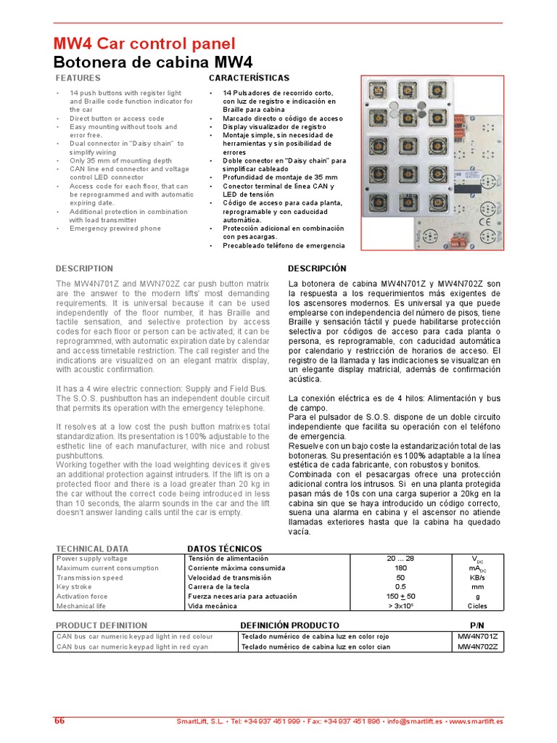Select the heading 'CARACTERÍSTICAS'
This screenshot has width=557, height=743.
(249, 78)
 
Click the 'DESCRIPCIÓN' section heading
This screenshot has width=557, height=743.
(317, 268)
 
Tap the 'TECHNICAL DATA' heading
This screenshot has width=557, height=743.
(92, 549)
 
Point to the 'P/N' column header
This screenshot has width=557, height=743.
(476, 625)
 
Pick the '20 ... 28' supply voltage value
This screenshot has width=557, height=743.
(400, 559)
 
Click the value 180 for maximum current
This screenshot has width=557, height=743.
(400, 568)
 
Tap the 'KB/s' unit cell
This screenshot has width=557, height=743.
(476, 578)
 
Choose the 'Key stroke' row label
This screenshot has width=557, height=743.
(73, 586)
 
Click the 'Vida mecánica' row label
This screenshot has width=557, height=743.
(212, 605)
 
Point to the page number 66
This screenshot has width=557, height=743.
(59, 721)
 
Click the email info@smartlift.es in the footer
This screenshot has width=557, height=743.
(414, 722)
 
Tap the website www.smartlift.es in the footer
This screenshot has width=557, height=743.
(476, 722)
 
